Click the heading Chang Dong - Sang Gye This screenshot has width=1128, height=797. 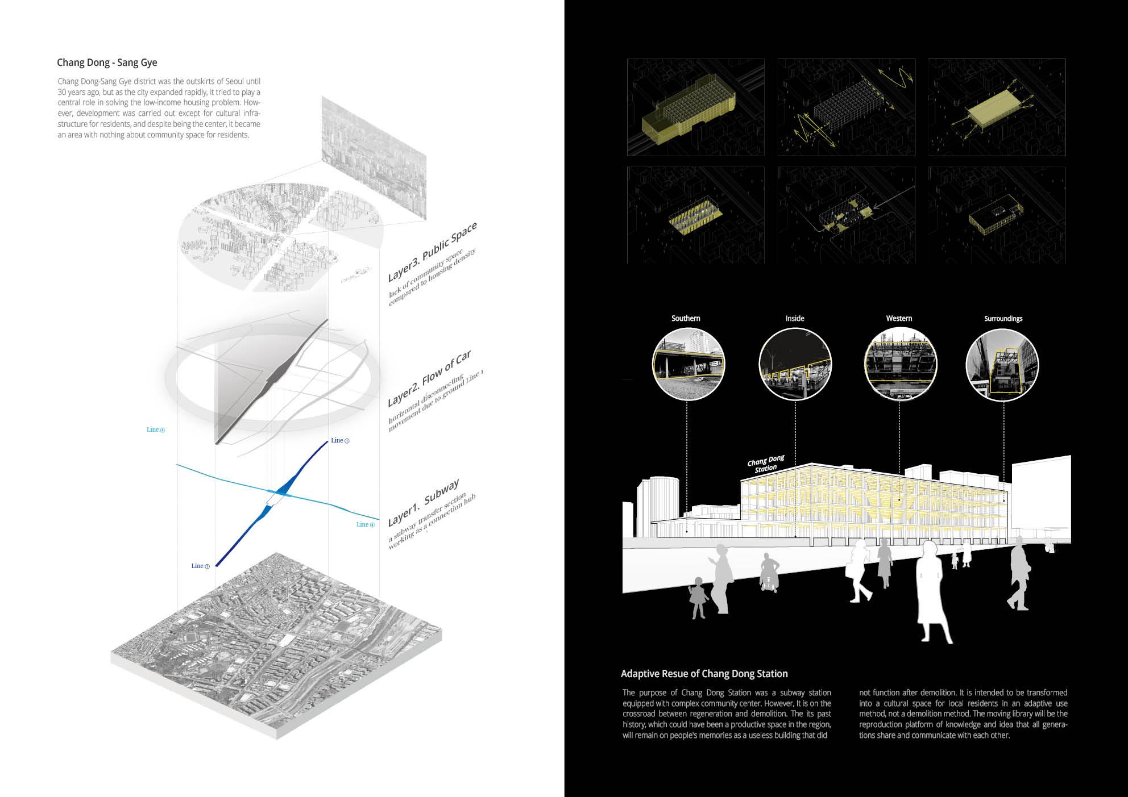click(107, 62)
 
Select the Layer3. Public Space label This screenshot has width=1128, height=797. click(432, 252)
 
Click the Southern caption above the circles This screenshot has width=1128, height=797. click(686, 319)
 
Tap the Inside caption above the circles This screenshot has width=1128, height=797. click(795, 319)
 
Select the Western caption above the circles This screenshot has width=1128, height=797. click(899, 319)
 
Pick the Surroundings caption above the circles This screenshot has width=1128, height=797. click(1003, 319)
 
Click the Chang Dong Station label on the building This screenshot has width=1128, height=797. click(766, 464)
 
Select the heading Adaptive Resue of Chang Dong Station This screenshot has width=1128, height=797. click(704, 674)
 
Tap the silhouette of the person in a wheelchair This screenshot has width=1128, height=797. click(770, 574)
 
